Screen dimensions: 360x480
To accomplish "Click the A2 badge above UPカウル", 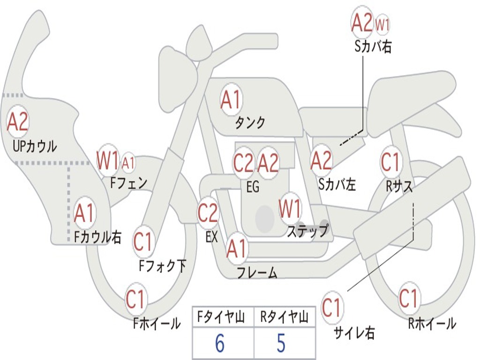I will tap(18, 122).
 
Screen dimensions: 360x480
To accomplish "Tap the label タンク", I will tap(250, 122).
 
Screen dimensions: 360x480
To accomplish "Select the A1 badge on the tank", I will tap(231, 99).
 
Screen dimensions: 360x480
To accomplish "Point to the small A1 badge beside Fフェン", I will tap(128, 163).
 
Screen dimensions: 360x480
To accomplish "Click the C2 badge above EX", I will tap(208, 213).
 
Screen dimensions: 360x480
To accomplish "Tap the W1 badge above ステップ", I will tap(290, 209).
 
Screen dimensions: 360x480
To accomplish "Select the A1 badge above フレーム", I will tap(236, 249).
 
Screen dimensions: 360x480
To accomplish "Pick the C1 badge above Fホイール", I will tap(136, 300).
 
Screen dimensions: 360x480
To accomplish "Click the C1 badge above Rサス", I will tap(390, 162).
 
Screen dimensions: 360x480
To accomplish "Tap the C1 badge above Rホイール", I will tap(408, 298).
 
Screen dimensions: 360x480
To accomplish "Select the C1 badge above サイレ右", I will tap(331, 308).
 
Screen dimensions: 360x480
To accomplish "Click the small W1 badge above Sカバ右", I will tap(382, 25).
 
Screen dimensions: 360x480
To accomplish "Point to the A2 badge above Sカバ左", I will tap(322, 161).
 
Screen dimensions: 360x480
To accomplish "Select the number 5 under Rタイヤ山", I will tap(281, 343).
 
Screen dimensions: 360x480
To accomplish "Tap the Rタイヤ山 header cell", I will tap(284, 318).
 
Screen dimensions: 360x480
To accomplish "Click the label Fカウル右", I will tap(98, 237).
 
